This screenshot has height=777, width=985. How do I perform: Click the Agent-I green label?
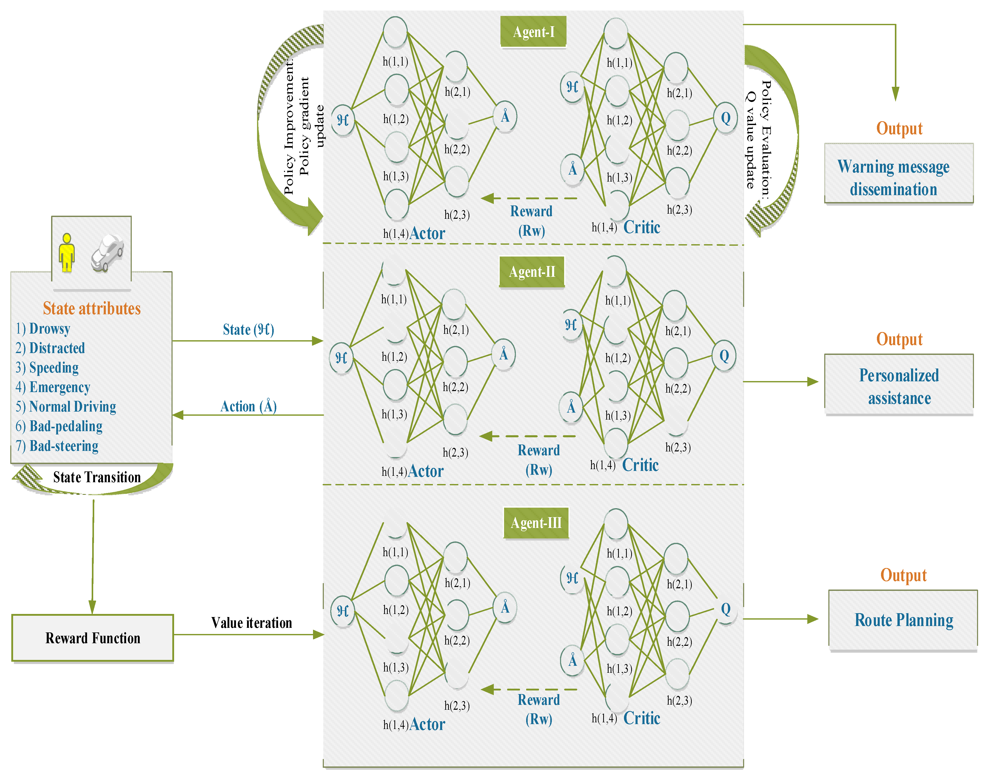click(533, 32)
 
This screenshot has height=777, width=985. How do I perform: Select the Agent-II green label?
click(532, 272)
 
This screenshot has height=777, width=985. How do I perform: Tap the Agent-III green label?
click(536, 523)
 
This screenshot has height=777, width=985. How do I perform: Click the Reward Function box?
click(93, 638)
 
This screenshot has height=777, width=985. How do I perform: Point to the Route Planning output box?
click(903, 620)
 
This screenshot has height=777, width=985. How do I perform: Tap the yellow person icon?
click(67, 252)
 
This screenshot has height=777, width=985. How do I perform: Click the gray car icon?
click(107, 253)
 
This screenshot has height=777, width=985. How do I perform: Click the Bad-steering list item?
click(64, 446)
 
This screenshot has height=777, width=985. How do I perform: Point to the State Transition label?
click(97, 477)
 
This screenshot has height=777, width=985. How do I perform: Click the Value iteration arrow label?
click(252, 623)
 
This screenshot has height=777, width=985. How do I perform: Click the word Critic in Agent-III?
click(641, 718)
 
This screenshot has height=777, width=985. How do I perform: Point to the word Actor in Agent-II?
click(426, 471)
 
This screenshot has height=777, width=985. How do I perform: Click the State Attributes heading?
click(91, 308)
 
